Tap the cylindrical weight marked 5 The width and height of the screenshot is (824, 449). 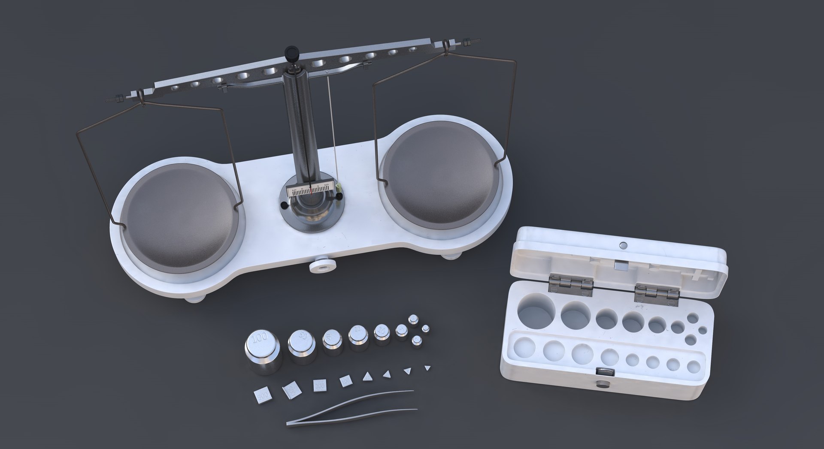pos(401,331)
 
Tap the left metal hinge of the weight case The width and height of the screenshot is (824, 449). pos(571,285)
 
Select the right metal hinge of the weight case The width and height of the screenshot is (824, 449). pos(657,295)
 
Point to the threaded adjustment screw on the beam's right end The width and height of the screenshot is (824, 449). pos(465,43)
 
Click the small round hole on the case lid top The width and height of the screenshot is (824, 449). pos(624,246)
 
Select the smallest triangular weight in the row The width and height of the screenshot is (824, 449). pos(427,368)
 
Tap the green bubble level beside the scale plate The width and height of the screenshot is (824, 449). pos(339,187)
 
